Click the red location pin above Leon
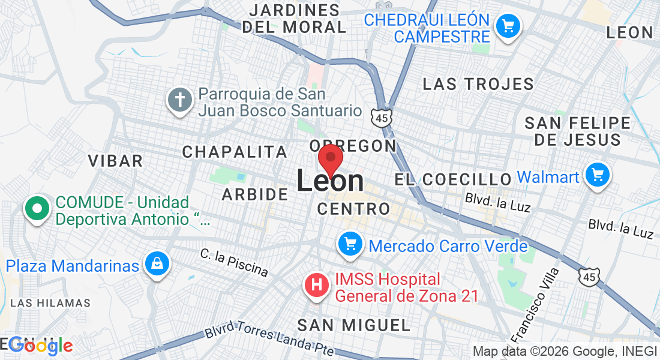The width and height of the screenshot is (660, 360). pos(330,160)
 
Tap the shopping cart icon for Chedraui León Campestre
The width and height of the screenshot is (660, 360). pos(508,26)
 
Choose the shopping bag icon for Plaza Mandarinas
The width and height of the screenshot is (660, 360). pos(156,264)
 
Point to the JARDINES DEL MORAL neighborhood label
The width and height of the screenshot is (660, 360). pos(294,19)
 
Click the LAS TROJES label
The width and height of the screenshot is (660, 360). pos(478,84)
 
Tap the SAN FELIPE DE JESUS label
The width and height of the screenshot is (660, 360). pos(578,131)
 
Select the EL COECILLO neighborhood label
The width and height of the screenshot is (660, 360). pos(453,179)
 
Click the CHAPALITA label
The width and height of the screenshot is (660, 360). pos(235,152)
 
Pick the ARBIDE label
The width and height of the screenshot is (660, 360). pos(255,194)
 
